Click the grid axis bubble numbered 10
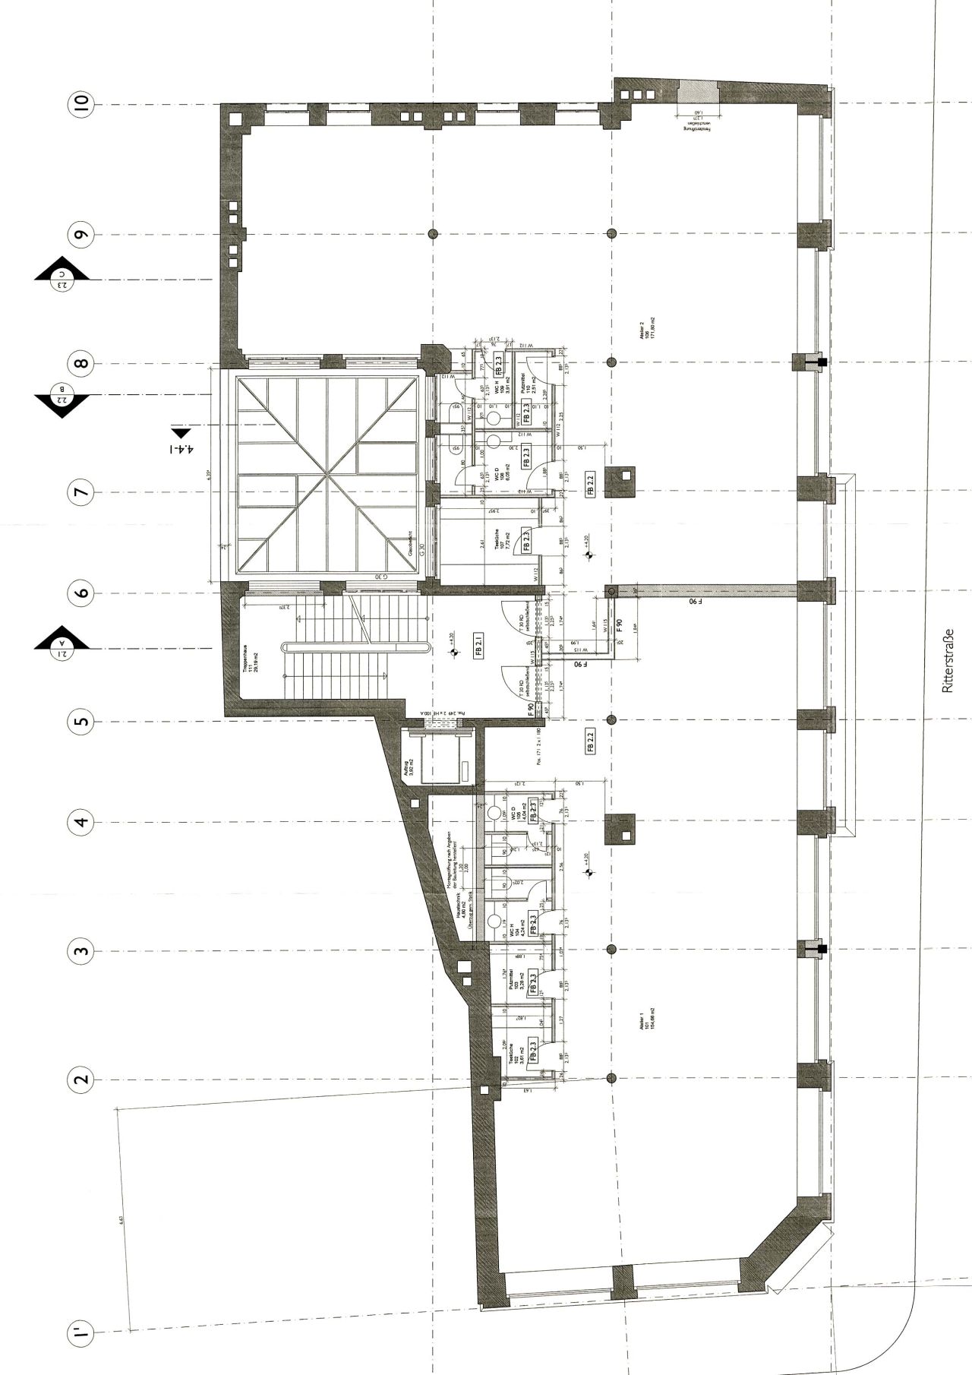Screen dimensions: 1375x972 tap(82, 104)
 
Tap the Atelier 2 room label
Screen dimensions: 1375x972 tap(647, 332)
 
